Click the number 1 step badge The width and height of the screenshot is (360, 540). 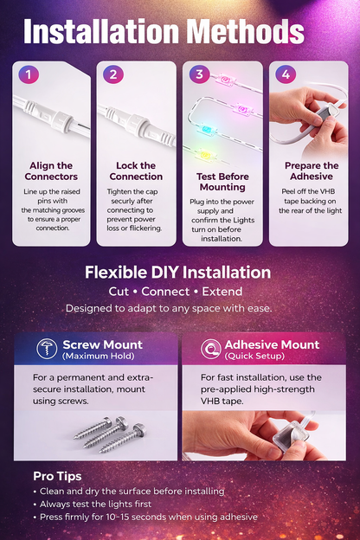(x=29, y=74)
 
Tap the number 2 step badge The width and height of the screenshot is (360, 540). (x=113, y=74)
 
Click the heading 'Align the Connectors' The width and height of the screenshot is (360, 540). (x=51, y=171)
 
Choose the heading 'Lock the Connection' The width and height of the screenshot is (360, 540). (x=136, y=171)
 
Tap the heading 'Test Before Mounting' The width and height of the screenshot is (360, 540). (x=222, y=180)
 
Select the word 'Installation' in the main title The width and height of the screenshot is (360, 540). (x=93, y=33)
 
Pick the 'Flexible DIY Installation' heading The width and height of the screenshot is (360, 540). (x=177, y=272)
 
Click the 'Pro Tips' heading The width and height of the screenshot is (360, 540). (x=58, y=476)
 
